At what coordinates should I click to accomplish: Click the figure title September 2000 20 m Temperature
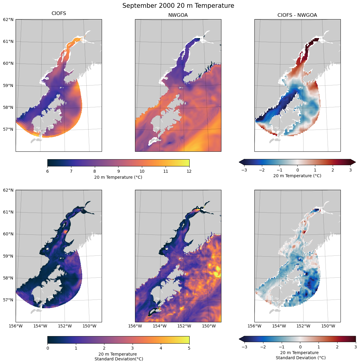point(178,6)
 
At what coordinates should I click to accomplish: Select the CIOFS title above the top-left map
point(59,13)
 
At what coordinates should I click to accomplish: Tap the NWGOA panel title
point(178,15)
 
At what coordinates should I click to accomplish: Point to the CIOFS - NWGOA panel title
point(297,15)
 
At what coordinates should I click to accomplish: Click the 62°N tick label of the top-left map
point(8,19)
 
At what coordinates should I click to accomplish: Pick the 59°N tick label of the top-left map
point(8,85)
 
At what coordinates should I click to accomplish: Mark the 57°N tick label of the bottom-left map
point(8,300)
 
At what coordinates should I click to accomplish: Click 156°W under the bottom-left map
point(16,326)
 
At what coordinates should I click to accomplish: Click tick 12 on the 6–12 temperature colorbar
point(189,171)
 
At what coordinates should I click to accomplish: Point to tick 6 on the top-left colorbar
point(48,171)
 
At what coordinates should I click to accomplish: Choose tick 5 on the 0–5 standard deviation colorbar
point(189,348)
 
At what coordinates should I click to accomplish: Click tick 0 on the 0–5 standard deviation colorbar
point(48,348)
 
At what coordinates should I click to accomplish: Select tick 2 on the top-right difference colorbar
point(332,170)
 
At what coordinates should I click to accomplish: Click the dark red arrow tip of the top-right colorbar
point(354,162)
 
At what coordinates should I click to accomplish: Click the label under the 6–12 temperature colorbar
point(118,177)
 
